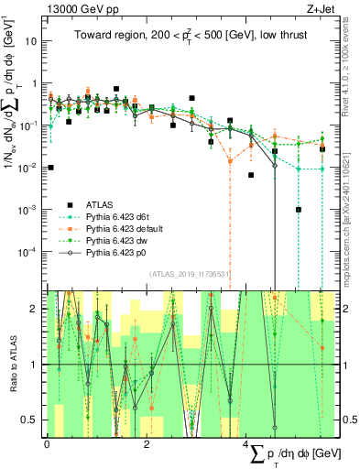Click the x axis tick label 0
pyautogui.click(x=47, y=444)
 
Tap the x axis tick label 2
pyautogui.click(x=147, y=444)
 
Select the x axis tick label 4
pyautogui.click(x=246, y=444)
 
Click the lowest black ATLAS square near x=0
pyautogui.click(x=51, y=168)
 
